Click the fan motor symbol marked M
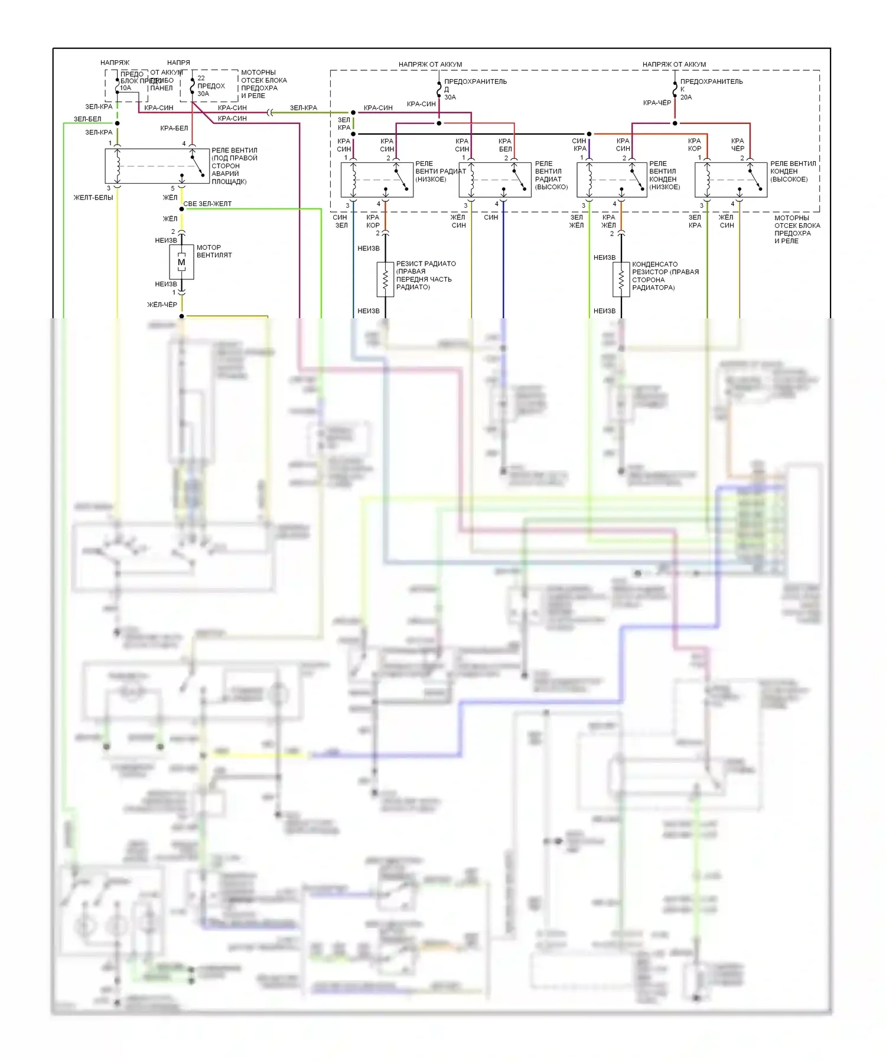pyautogui.click(x=181, y=262)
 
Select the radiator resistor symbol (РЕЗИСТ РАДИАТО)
pyautogui.click(x=385, y=279)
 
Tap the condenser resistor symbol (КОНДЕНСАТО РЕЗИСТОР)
pyautogui.click(x=621, y=279)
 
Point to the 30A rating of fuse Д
pyautogui.click(x=450, y=97)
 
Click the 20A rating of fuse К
pyautogui.click(x=686, y=97)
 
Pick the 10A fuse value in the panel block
pyautogui.click(x=126, y=88)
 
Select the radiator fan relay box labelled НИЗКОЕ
pyautogui.click(x=377, y=180)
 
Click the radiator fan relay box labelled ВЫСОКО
pyautogui.click(x=495, y=180)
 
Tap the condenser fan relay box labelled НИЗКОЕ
pyautogui.click(x=612, y=180)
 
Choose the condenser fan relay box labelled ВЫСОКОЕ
pyautogui.click(x=731, y=180)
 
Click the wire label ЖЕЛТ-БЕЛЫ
pyautogui.click(x=93, y=198)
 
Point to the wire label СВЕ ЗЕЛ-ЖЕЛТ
pyautogui.click(x=207, y=204)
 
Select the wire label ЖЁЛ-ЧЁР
pyautogui.click(x=162, y=305)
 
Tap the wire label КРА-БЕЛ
pyautogui.click(x=174, y=128)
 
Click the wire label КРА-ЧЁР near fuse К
pyautogui.click(x=657, y=103)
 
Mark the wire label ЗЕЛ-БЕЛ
pyautogui.click(x=87, y=119)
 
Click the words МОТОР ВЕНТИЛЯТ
pyautogui.click(x=214, y=252)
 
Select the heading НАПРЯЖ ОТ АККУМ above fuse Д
pyautogui.click(x=430, y=64)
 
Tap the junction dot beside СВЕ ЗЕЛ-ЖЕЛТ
pyautogui.click(x=181, y=209)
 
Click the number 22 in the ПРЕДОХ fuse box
pyautogui.click(x=201, y=78)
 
